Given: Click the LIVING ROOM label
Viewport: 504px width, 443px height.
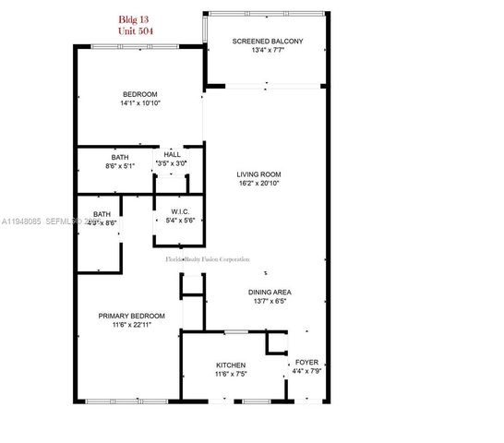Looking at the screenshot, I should click(x=258, y=174).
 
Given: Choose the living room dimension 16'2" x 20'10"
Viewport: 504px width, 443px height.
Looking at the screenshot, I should click(x=258, y=184).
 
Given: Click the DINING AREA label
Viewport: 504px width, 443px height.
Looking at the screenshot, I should click(x=271, y=293).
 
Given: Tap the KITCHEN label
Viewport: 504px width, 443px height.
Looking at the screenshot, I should click(x=230, y=365).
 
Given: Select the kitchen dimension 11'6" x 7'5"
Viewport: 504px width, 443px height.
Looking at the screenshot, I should click(x=230, y=376).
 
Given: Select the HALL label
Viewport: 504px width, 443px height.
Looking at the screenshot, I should click(x=172, y=154).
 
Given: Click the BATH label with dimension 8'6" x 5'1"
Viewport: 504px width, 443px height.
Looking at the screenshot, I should click(x=120, y=156).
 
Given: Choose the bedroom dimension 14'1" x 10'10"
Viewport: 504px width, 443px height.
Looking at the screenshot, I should click(x=140, y=103).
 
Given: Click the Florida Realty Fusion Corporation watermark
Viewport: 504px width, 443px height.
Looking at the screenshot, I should click(x=207, y=259).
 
